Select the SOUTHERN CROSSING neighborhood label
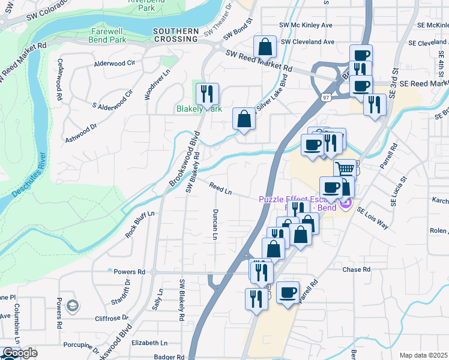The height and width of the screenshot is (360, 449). coord(175,35)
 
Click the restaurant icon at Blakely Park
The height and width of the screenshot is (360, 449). coord(207,94)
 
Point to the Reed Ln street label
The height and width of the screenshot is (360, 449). coord(220,188)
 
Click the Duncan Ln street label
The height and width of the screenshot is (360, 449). coord(214,224)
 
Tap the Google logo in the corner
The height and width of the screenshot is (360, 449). coord(20,353)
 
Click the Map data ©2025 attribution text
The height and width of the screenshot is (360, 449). coord(423,355)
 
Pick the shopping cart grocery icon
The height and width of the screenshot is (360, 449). coord(345,169)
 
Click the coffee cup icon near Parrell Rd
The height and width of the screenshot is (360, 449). coord(288,292)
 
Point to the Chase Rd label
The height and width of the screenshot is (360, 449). coord(357,269)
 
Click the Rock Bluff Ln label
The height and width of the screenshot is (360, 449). coord(140,224)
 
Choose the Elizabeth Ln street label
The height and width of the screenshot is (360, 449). coord(149,343)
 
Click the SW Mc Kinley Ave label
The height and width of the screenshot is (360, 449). coord(306,25)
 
